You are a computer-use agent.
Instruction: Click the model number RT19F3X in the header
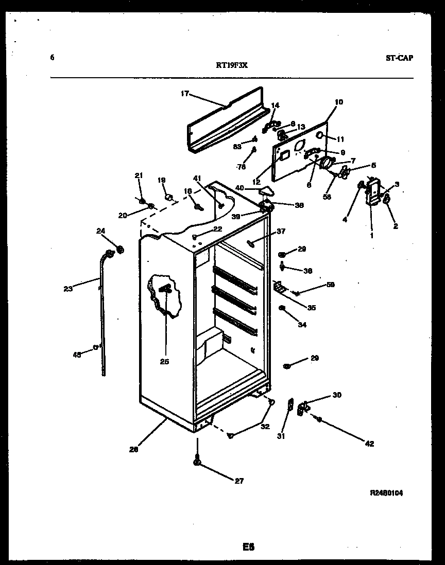[232, 65]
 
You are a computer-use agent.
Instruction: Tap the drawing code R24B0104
[386, 492]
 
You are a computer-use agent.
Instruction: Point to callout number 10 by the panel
[338, 102]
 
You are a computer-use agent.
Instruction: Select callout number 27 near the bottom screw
[239, 481]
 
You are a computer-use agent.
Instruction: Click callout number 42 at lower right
[369, 444]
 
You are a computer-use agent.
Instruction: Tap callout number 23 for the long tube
[68, 289]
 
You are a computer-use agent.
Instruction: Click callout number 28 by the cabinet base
[134, 449]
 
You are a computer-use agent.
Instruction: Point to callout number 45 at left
[77, 354]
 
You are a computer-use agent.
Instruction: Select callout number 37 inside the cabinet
[280, 231]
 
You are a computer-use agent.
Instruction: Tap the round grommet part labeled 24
[121, 250]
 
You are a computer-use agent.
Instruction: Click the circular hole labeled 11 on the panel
[320, 136]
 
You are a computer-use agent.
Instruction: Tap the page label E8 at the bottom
[249, 546]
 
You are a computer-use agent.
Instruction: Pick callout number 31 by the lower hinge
[281, 437]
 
